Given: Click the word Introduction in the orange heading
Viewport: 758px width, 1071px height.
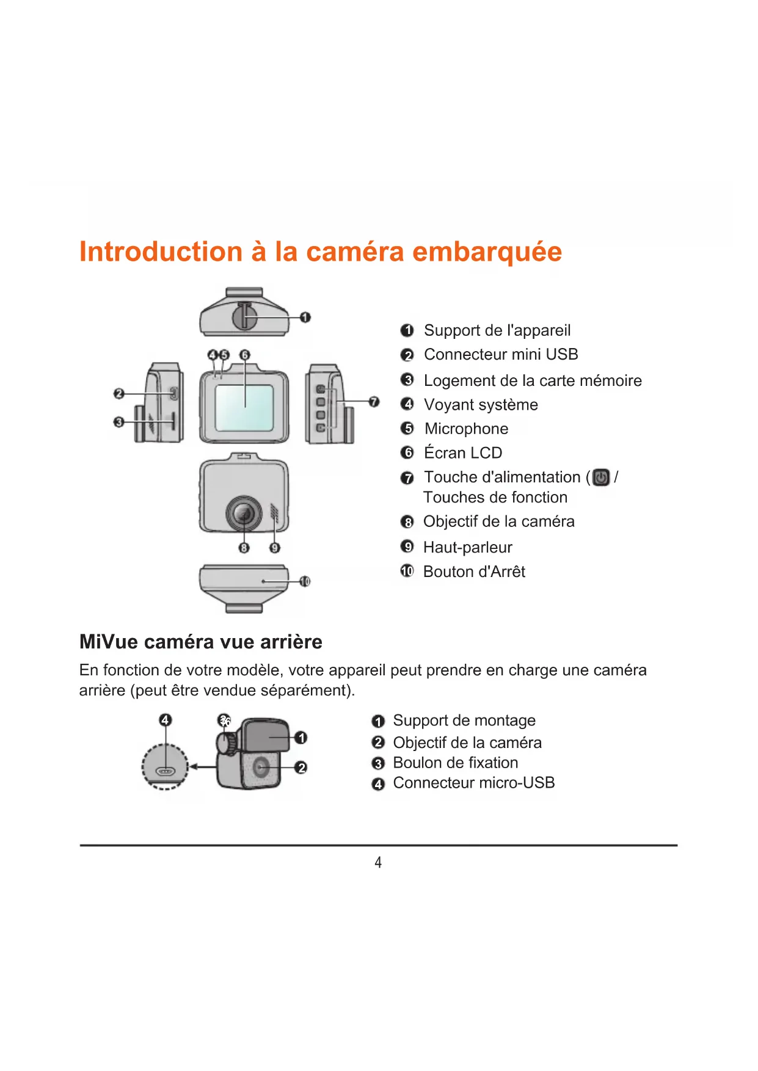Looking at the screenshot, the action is pyautogui.click(x=161, y=252).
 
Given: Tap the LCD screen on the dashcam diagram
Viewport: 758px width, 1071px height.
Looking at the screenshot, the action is pyautogui.click(x=244, y=408).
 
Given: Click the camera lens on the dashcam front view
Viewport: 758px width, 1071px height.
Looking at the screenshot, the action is pyautogui.click(x=244, y=514).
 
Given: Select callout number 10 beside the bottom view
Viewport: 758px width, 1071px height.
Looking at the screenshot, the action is pyautogui.click(x=305, y=581).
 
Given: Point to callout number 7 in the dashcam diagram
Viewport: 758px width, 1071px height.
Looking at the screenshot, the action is pyautogui.click(x=374, y=401).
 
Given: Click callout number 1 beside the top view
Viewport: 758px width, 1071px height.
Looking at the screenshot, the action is pyautogui.click(x=305, y=317).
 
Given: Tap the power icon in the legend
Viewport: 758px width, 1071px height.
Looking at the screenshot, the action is pyautogui.click(x=601, y=477).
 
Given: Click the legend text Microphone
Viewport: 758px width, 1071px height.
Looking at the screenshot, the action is pyautogui.click(x=467, y=429).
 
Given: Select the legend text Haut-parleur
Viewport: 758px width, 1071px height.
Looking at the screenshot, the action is pyautogui.click(x=468, y=547).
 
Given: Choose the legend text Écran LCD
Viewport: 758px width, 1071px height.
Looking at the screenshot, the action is pyautogui.click(x=463, y=452).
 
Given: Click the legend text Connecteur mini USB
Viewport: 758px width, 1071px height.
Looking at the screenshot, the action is pyautogui.click(x=501, y=354).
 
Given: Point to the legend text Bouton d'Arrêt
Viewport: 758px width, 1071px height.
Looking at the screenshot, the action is pyautogui.click(x=474, y=572).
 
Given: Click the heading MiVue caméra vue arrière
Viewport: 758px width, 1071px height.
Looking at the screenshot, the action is pyautogui.click(x=201, y=642).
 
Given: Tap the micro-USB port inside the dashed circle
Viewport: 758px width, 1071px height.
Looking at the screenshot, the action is pyautogui.click(x=165, y=771).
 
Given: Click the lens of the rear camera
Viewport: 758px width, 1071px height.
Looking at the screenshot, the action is pyautogui.click(x=261, y=767).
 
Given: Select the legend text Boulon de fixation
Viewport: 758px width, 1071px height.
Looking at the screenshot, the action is pyautogui.click(x=456, y=763).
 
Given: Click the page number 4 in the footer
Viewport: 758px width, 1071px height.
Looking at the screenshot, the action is pyautogui.click(x=378, y=862).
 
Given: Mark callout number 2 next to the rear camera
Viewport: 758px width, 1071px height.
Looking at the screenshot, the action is pyautogui.click(x=301, y=767).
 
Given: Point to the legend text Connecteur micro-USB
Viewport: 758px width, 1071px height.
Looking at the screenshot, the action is pyautogui.click(x=474, y=783).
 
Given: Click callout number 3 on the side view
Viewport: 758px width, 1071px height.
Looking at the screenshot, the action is pyautogui.click(x=118, y=422).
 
